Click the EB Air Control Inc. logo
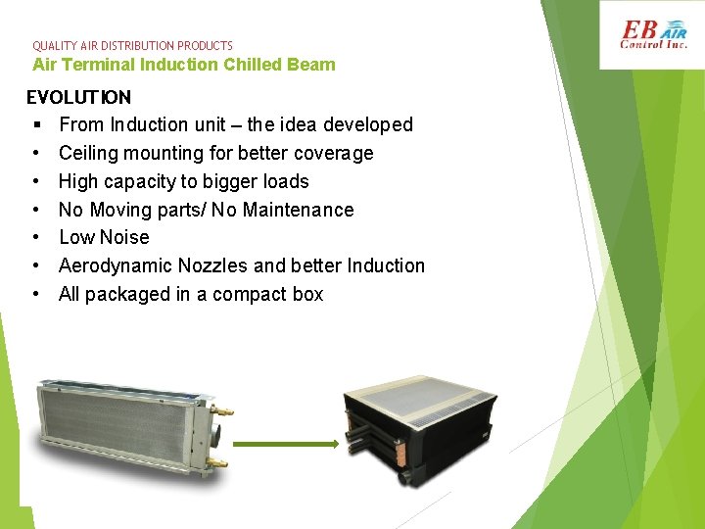pyautogui.click(x=655, y=35)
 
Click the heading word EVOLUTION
pyautogui.click(x=78, y=97)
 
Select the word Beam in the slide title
pyautogui.click(x=313, y=65)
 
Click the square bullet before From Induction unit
pyautogui.click(x=34, y=125)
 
